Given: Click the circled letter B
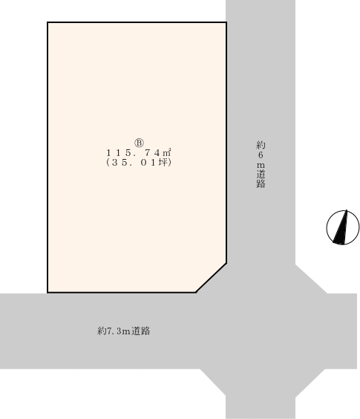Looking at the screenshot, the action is click(139, 143).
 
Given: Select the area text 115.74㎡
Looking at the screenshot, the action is click(139, 153).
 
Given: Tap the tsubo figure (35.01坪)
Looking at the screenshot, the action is click(139, 163).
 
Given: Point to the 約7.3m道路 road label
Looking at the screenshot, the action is click(124, 331).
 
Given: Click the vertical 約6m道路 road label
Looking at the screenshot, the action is click(261, 164).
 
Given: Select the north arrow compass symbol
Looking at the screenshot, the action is click(343, 227).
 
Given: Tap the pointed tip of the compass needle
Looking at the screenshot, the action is click(347, 210).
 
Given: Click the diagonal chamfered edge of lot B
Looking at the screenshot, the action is click(212, 278).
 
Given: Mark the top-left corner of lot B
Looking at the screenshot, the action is click(48, 22).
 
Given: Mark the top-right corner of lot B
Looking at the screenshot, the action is click(226, 22).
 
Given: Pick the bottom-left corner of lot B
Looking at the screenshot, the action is click(48, 293).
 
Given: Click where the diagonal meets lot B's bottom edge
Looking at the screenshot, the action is click(196, 293).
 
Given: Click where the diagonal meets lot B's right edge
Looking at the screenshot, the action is click(226, 263).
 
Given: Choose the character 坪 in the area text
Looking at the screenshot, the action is click(163, 163).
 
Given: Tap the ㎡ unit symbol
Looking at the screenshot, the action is click(167, 152).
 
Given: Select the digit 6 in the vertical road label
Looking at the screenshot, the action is click(261, 155).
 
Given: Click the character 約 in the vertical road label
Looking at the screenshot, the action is click(261, 145).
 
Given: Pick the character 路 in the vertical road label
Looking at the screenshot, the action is click(261, 183).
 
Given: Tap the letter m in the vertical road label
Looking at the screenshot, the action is click(261, 166).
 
